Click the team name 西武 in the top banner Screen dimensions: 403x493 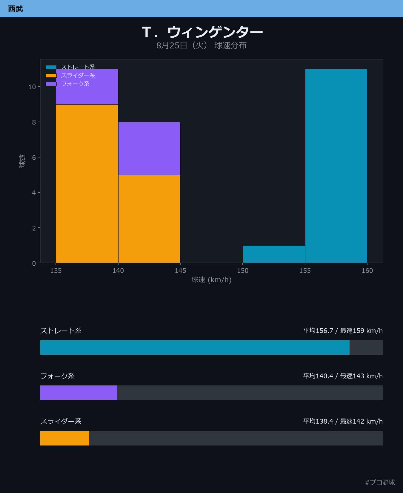tap(16, 9)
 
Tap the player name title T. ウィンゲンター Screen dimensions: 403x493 tap(202, 32)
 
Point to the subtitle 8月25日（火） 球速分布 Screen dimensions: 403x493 tap(201, 45)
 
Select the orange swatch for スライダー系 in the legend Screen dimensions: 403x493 tap(51, 76)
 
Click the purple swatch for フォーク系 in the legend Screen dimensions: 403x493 tap(51, 84)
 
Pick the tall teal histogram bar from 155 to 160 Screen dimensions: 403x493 tap(336, 166)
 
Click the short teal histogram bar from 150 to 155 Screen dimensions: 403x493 tap(274, 254)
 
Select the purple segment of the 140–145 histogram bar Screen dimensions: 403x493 tap(149, 148)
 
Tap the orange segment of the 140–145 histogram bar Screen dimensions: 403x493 tap(149, 219)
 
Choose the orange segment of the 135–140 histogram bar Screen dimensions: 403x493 tap(87, 184)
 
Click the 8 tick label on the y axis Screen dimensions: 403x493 tap(34, 122)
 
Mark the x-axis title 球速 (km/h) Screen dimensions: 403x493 tap(211, 280)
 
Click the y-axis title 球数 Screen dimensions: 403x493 tap(22, 161)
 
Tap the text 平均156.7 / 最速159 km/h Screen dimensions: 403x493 tap(343, 330)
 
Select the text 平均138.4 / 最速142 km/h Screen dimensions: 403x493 tap(343, 421)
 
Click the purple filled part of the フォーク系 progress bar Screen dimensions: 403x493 tap(79, 393)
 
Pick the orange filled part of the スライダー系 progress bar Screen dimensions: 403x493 tap(65, 438)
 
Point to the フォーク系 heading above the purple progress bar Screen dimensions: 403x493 tap(57, 376)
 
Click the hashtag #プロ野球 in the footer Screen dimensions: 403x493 tap(380, 482)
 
